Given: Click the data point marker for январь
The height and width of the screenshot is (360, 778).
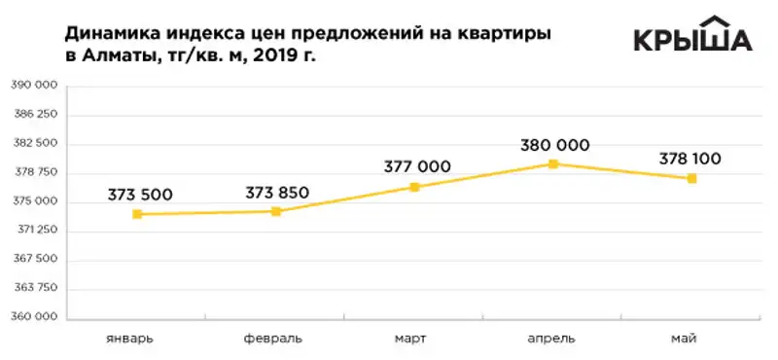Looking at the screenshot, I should point(138,214).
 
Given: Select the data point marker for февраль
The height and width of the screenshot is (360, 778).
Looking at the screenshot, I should point(276,211).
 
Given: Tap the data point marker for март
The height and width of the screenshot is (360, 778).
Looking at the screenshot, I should point(414,187).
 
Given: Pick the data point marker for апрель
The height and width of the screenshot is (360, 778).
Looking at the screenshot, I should point(553,163).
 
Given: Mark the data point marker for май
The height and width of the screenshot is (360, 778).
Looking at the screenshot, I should point(691,178).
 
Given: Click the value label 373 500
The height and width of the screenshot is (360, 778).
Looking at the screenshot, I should point(140,195).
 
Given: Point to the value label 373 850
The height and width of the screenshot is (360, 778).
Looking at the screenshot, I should point(277,192).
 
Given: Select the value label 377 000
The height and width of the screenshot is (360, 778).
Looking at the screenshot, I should point(417,166).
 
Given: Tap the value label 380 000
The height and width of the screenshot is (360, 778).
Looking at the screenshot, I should point(555,145).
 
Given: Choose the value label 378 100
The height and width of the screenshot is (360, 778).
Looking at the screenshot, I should point(693,159).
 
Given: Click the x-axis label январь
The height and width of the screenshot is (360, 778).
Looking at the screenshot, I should point(129,339).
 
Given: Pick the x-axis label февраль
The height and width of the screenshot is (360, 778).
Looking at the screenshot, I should point(272,339).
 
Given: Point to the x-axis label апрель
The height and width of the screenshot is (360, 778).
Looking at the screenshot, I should point(550,339).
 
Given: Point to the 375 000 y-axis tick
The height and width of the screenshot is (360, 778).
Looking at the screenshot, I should point(34,202).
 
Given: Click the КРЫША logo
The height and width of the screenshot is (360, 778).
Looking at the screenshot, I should point(691,36).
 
